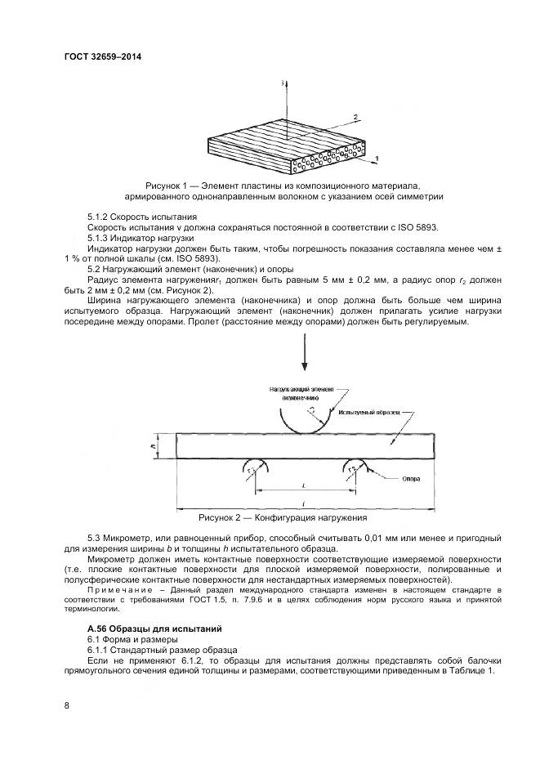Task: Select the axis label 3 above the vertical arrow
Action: coord(281,83)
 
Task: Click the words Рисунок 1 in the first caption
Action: coord(167,186)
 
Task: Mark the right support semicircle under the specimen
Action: coord(355,467)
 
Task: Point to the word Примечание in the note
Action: coord(117,588)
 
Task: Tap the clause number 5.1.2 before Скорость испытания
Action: coord(100,217)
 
